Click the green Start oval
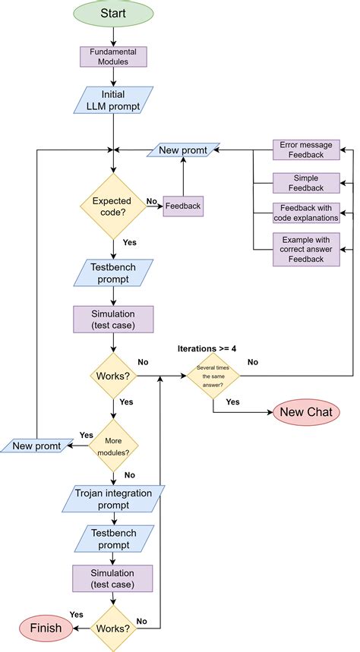113,14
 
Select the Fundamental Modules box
113,57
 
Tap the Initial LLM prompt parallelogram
113,100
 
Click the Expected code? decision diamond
113,206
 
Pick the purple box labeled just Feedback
182,206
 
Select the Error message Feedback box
306,150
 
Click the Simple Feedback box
306,182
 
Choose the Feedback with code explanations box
306,213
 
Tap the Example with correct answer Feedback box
306,249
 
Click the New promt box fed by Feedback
183,150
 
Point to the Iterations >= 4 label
207,348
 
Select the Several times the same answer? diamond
213,376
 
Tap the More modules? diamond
113,446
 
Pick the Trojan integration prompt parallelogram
113,498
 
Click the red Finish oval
46,628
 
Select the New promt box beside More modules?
36,446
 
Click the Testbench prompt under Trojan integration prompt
113,540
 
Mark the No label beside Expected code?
151,202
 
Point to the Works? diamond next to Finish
113,628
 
